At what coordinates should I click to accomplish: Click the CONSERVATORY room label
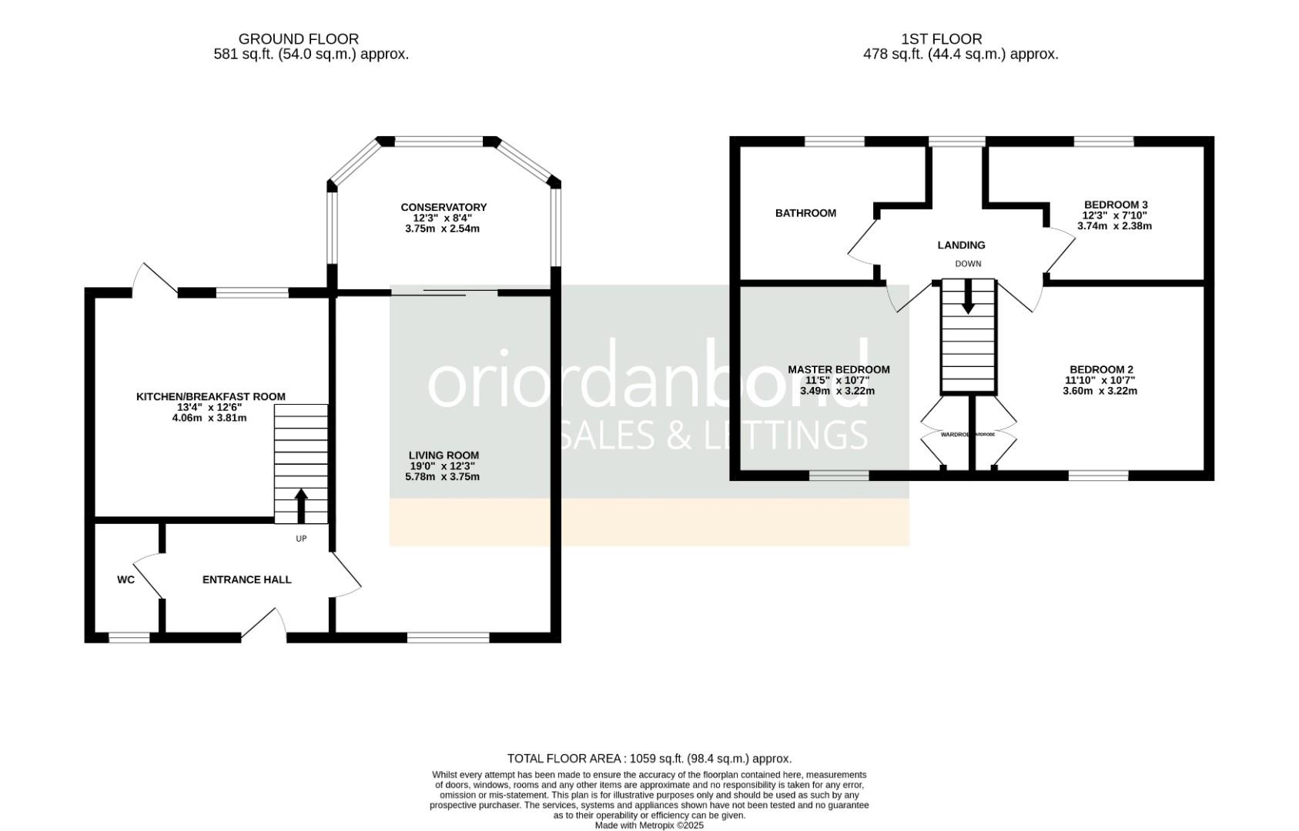tap(444, 207)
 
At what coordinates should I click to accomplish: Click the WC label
tap(126, 579)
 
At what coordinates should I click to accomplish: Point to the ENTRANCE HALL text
tap(246, 579)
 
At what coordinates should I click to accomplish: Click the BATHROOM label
tap(805, 213)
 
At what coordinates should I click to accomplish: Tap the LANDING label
tap(961, 245)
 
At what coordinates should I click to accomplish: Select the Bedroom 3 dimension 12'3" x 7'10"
tap(1115, 215)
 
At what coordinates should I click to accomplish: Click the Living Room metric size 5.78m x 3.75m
tap(442, 476)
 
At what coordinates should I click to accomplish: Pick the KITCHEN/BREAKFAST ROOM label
tap(210, 396)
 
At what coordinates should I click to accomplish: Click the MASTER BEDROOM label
tap(839, 369)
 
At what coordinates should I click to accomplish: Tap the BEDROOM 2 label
tap(1101, 369)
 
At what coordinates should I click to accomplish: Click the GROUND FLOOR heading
tap(298, 38)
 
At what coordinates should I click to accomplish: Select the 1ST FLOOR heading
tap(942, 38)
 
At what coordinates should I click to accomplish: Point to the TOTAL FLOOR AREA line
tap(649, 758)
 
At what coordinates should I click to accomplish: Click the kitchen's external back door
tap(154, 280)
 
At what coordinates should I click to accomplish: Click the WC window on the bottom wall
tap(129, 637)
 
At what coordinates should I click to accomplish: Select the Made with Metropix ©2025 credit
tap(649, 825)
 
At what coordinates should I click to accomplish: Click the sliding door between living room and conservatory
tap(444, 292)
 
